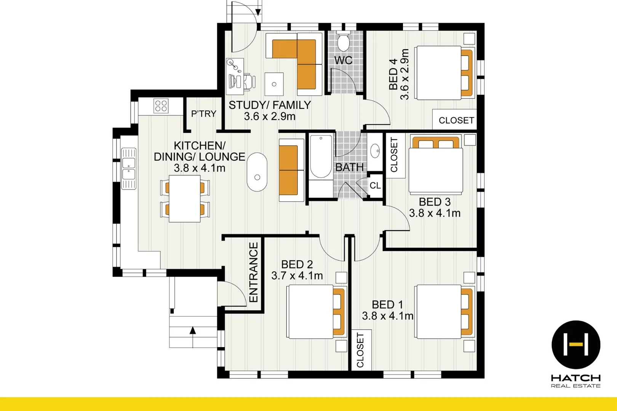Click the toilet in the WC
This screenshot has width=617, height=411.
click(344, 42)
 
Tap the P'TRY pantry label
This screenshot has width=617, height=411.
click(203, 114)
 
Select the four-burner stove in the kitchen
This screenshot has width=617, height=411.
click(161, 106)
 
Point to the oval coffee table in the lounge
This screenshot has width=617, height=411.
click(257, 172)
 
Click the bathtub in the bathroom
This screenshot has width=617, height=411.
click(321, 157)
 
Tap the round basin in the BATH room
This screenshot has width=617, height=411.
click(375, 151)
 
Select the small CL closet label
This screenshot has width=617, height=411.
click(375, 186)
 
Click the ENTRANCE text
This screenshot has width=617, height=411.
click(254, 272)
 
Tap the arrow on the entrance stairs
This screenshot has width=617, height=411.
click(193, 330)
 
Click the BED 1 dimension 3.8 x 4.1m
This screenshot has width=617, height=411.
click(387, 316)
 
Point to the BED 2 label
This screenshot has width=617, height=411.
click(297, 264)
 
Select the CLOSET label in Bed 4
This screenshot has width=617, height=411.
click(456, 120)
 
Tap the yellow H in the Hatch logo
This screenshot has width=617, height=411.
click(576, 344)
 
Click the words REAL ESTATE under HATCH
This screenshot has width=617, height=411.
click(575, 386)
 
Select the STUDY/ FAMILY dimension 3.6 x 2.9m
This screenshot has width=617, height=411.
click(270, 116)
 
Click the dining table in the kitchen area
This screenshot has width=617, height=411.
click(185, 199)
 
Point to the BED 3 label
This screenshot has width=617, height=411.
click(435, 202)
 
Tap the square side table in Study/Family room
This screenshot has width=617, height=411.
click(274, 84)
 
